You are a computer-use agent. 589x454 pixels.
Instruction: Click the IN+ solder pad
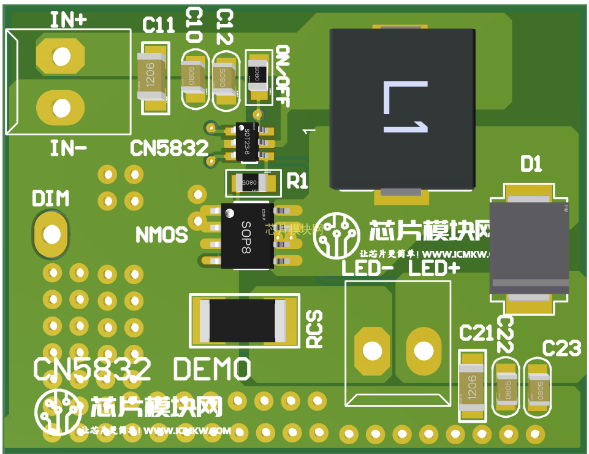click(x=61, y=56)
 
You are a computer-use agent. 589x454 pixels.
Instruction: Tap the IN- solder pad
click(x=61, y=109)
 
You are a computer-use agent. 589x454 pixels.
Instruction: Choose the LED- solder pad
click(x=371, y=351)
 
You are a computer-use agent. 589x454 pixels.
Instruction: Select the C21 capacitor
click(x=471, y=386)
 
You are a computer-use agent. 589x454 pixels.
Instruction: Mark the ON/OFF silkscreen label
click(x=282, y=75)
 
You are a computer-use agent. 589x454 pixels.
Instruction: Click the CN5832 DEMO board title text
click(x=142, y=369)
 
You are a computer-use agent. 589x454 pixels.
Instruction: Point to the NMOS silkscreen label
click(x=161, y=234)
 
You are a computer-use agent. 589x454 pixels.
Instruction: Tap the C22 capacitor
click(x=507, y=388)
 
